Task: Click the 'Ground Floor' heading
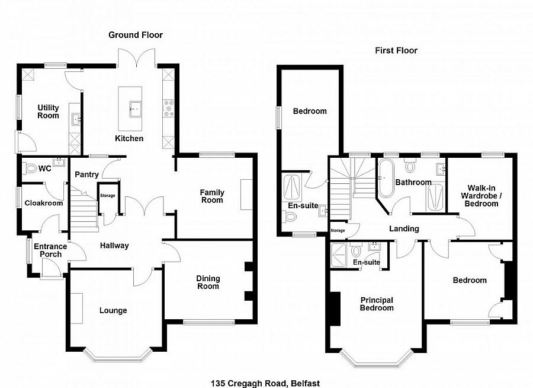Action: (135, 35)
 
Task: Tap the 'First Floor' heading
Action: (396, 50)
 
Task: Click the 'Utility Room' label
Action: (49, 112)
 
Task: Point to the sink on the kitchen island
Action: (134, 108)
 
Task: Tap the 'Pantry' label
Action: (86, 174)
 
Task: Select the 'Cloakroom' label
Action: (43, 203)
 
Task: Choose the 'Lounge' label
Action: (113, 310)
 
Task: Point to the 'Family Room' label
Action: (211, 196)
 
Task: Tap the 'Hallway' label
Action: (114, 245)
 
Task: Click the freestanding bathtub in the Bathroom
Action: (386, 179)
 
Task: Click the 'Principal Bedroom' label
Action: (377, 304)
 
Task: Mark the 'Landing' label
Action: (404, 228)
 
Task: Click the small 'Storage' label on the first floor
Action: (338, 231)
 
